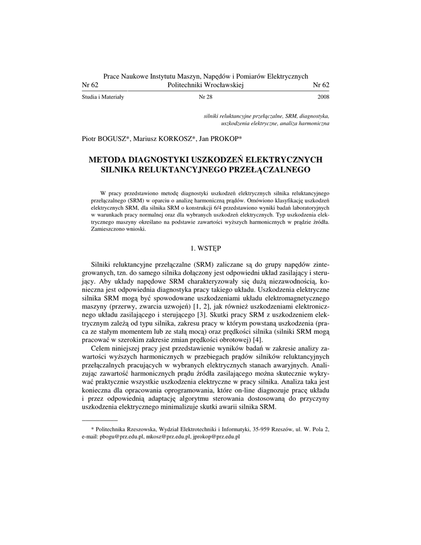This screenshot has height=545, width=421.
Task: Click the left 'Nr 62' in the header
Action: tap(90, 85)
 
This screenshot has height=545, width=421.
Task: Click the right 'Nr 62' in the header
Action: tap(321, 85)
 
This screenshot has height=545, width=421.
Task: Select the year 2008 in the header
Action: tap(323, 98)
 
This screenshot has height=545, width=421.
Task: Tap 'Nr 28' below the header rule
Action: tap(205, 98)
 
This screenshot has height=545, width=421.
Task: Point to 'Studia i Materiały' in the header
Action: tap(103, 98)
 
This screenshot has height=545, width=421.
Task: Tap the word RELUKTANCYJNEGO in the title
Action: tap(187, 169)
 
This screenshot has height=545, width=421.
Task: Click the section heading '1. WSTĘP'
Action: tap(205, 248)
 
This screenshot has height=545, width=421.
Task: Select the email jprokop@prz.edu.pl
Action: tap(216, 436)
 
